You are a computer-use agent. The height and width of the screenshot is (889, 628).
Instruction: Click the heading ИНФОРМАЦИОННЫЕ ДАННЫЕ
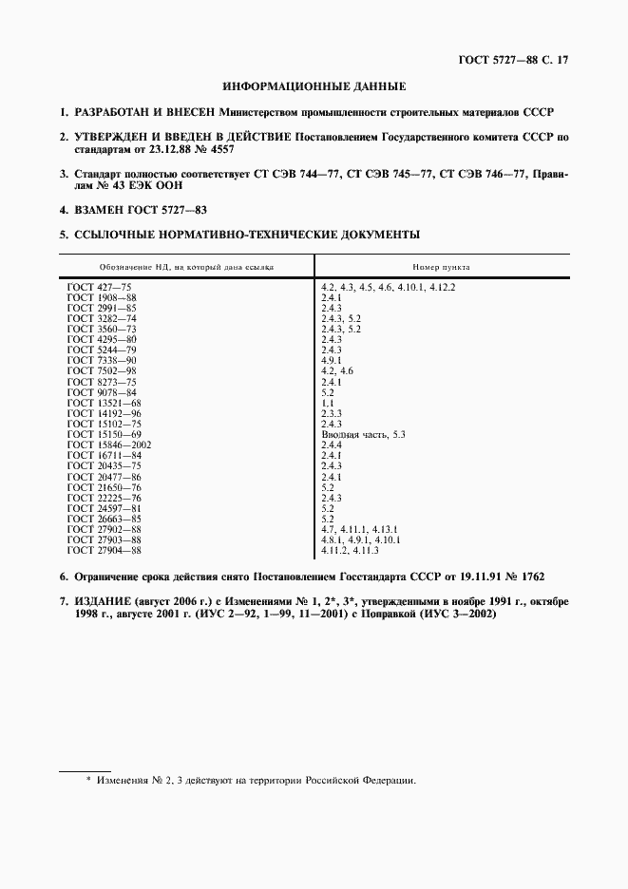[x=314, y=86]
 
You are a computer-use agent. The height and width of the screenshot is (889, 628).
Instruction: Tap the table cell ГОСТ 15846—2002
[x=110, y=444]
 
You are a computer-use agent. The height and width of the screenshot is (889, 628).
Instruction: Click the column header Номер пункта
[x=441, y=267]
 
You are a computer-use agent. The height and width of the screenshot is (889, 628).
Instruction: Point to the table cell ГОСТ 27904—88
[x=105, y=550]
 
